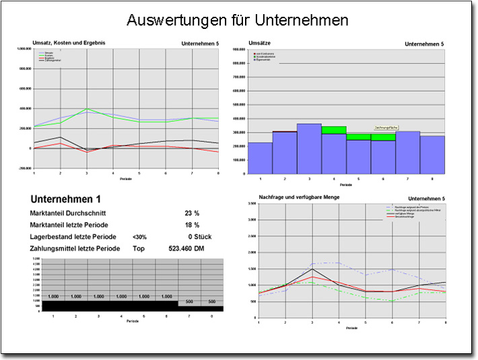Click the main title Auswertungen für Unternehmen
[x=238, y=20]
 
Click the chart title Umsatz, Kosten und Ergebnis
[x=69, y=43]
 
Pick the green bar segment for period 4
[x=334, y=130]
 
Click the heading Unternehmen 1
[x=66, y=199]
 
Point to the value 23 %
[x=192, y=213]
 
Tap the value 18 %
[x=192, y=225]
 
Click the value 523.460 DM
[x=186, y=249]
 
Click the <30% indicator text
[x=140, y=237]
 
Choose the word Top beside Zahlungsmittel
[x=139, y=249]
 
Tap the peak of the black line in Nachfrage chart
[x=312, y=269]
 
